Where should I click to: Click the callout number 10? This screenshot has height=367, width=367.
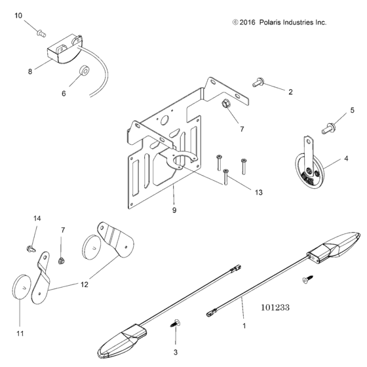(x=18, y=16)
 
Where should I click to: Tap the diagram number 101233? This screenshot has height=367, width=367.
(x=275, y=307)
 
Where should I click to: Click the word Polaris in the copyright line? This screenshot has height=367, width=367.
(x=270, y=22)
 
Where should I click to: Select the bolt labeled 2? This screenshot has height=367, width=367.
(x=258, y=83)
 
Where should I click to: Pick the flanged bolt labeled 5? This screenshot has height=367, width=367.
(x=328, y=128)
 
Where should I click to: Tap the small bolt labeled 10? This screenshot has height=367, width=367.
(x=41, y=33)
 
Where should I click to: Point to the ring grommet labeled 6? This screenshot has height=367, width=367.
(x=85, y=71)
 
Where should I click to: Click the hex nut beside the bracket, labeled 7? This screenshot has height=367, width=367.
(x=225, y=104)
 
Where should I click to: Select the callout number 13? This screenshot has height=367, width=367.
(x=258, y=193)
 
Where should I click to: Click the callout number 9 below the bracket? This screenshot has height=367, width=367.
(x=174, y=210)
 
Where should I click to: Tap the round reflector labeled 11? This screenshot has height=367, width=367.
(x=21, y=287)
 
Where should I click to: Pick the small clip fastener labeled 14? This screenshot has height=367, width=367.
(x=31, y=249)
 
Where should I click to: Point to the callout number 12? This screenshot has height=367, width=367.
(x=85, y=284)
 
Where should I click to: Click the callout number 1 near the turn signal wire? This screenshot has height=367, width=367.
(x=244, y=326)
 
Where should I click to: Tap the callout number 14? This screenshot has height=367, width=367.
(x=37, y=218)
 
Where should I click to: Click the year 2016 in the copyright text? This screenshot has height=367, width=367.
(x=247, y=22)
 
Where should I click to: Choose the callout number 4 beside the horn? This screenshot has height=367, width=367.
(x=346, y=159)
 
